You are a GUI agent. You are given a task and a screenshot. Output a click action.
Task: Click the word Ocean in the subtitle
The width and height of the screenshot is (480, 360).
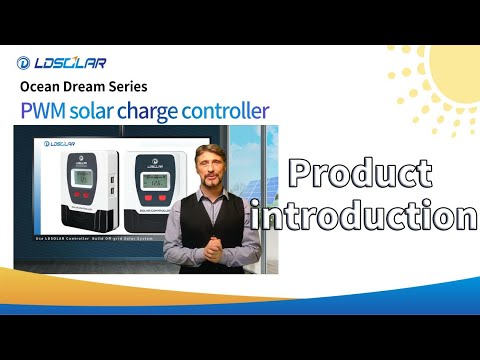click(x=42, y=86)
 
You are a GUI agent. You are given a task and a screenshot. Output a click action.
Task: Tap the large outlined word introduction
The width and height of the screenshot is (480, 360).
click(x=365, y=216)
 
